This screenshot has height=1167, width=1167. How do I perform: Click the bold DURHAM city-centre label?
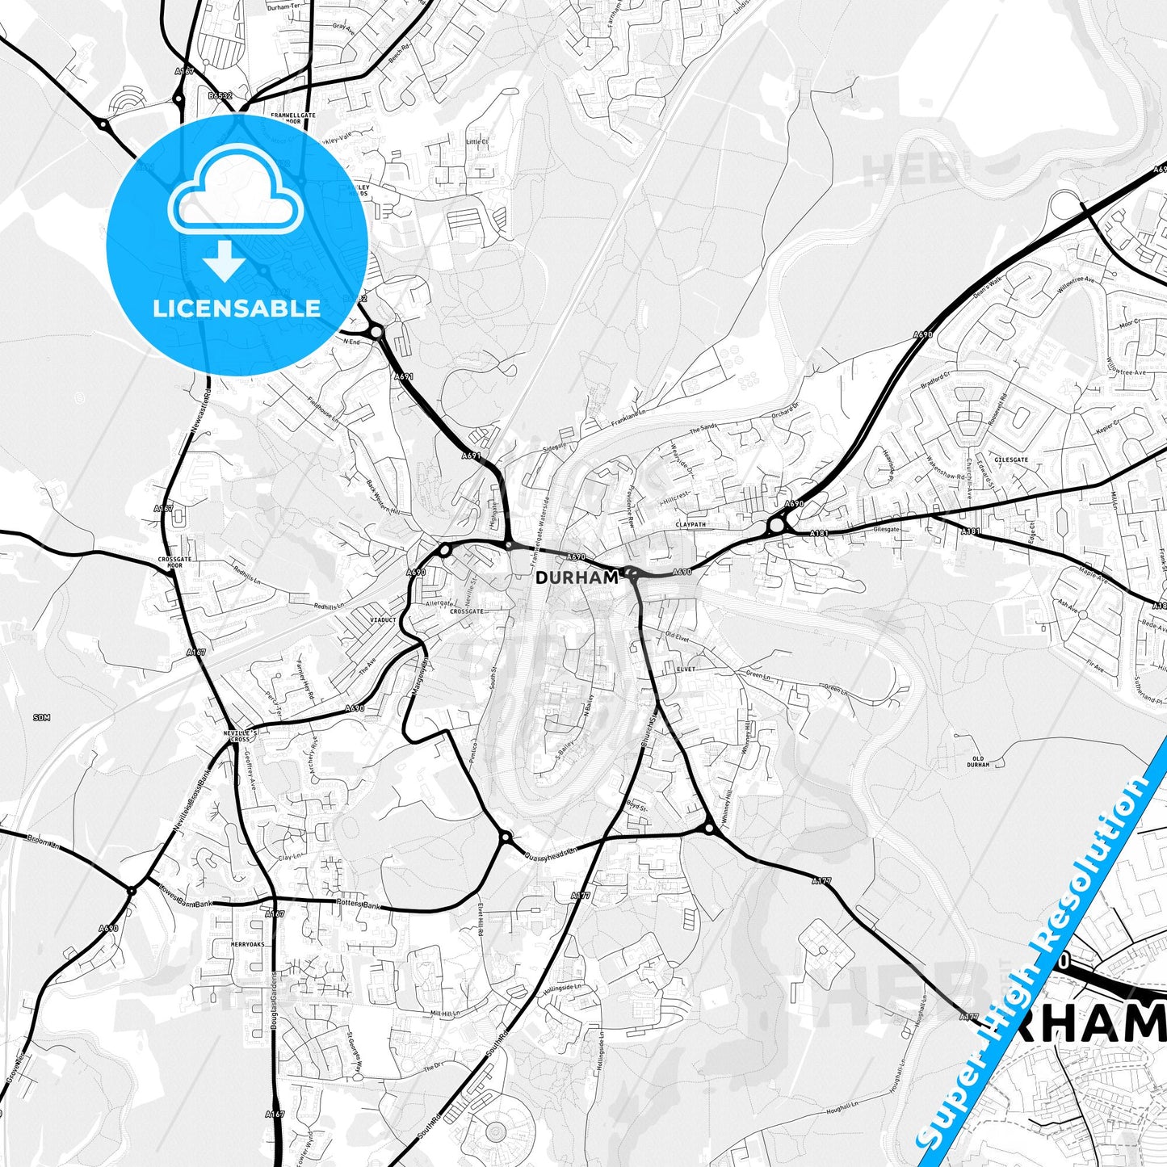577,578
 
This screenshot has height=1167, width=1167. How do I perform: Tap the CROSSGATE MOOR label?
170,563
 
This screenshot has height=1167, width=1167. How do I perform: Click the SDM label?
41,717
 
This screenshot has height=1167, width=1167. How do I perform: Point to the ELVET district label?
686,670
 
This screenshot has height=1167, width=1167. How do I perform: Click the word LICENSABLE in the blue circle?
237,309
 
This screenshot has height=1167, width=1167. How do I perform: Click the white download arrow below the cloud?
225,260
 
